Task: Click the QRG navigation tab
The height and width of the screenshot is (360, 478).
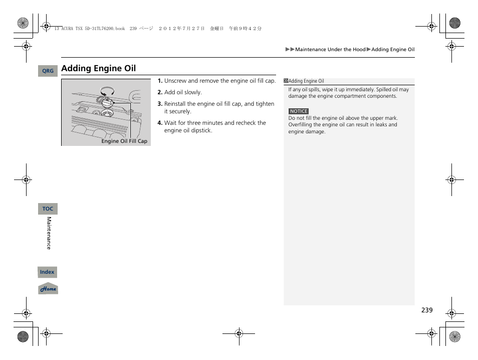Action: click(x=48, y=71)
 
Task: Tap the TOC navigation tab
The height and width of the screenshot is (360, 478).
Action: click(x=48, y=209)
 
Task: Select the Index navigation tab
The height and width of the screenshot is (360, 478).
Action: click(x=47, y=272)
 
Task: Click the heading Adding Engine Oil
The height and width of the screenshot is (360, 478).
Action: click(x=98, y=68)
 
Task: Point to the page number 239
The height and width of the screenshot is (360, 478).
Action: click(x=426, y=310)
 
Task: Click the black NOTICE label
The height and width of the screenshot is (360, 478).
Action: click(x=299, y=111)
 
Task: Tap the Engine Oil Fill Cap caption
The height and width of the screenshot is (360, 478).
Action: click(x=124, y=141)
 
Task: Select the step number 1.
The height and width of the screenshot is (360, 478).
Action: click(x=160, y=81)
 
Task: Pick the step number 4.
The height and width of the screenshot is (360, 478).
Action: click(x=160, y=123)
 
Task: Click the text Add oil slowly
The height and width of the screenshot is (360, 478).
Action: click(x=183, y=92)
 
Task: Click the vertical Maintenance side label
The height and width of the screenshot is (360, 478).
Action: click(x=49, y=233)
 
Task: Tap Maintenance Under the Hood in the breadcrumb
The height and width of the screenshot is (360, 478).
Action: click(x=330, y=50)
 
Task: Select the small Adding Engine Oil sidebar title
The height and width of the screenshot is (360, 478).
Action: click(x=306, y=81)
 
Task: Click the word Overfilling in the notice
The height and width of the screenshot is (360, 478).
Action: click(x=301, y=125)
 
